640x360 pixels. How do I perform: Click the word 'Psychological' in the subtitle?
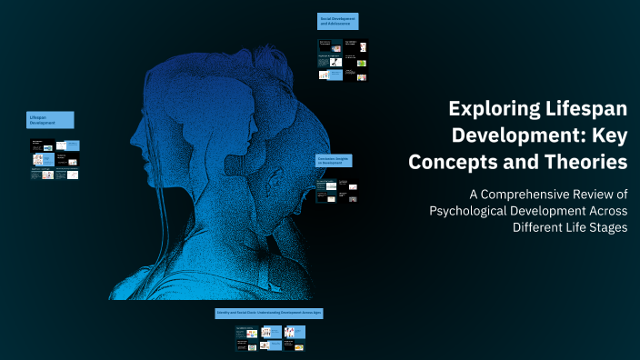[x=472, y=211]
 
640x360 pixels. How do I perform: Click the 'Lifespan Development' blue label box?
[x=50, y=120]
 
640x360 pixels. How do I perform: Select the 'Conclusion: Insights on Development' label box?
[x=334, y=161]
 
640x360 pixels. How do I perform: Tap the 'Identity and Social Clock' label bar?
[x=269, y=313]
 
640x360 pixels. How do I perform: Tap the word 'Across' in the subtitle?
[x=604, y=211]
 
